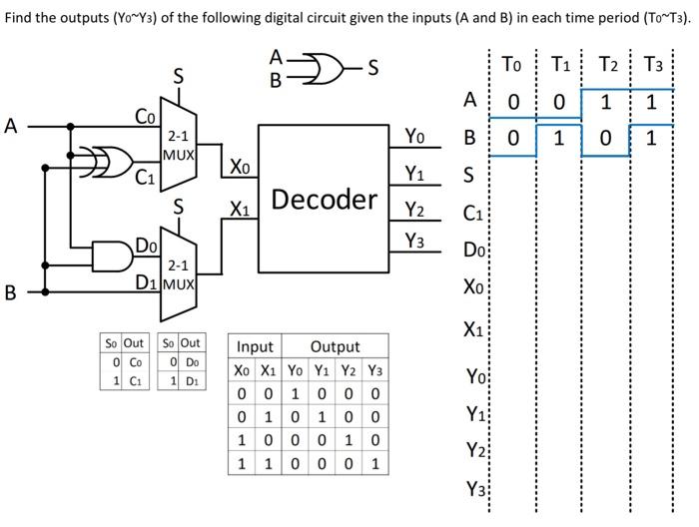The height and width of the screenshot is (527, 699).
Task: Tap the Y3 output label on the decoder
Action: pyautogui.click(x=415, y=241)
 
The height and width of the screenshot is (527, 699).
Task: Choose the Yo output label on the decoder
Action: pyautogui.click(x=415, y=137)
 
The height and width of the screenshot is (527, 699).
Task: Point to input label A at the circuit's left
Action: pyautogui.click(x=11, y=127)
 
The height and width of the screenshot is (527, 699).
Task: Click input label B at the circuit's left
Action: pyautogui.click(x=11, y=293)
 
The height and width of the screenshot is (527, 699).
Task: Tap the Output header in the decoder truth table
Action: pyautogui.click(x=335, y=347)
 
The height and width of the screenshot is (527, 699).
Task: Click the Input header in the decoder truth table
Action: pyautogui.click(x=254, y=347)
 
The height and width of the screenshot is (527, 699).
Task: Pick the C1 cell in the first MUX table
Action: pyautogui.click(x=139, y=381)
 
